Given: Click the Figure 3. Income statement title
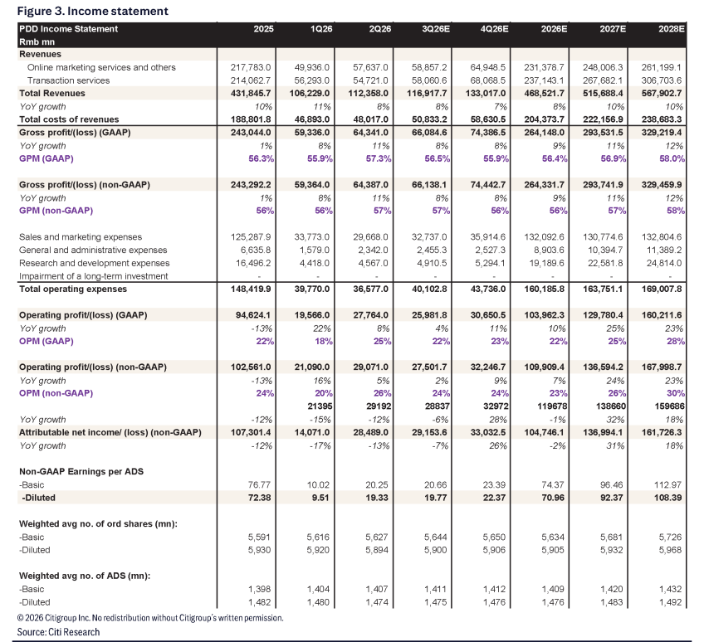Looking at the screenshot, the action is (92, 11).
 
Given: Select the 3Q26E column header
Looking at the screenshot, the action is (436, 29).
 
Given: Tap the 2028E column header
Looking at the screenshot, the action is (672, 29).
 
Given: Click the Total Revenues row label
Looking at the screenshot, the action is (52, 94).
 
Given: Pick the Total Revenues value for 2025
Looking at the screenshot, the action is (251, 94).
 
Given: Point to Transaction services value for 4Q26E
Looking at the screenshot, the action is (487, 80).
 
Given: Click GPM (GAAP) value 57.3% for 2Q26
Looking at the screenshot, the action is (379, 158).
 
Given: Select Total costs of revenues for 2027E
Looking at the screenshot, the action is (603, 119).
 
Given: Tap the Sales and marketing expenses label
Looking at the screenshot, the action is (81, 237).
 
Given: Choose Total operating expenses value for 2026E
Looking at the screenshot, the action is (544, 289).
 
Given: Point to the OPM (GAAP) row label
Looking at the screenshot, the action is (46, 341).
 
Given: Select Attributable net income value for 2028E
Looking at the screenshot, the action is (662, 432).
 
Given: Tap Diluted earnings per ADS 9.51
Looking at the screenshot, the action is (320, 498).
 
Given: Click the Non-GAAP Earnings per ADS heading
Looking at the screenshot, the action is (81, 471).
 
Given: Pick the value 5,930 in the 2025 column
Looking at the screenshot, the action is (259, 550).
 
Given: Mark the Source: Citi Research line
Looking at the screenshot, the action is (58, 632).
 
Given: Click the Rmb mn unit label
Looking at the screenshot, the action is (37, 41).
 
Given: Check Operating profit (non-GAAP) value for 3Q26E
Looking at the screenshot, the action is (429, 367).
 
